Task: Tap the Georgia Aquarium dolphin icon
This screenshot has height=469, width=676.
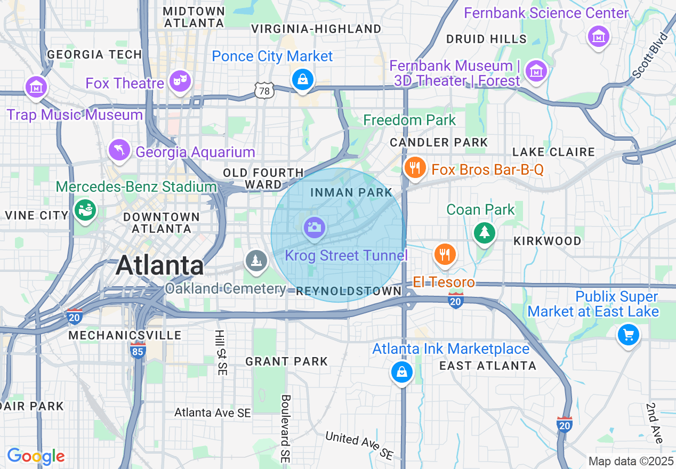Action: tap(119, 150)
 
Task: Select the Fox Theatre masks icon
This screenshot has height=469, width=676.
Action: tap(180, 81)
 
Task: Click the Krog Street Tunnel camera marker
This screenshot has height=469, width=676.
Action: tap(314, 228)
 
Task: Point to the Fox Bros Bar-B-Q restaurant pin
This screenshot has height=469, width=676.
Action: tap(414, 168)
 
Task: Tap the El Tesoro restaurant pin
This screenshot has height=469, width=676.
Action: tap(444, 255)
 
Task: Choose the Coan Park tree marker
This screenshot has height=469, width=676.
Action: tap(484, 232)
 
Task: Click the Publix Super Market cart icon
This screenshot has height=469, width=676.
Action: tap(629, 335)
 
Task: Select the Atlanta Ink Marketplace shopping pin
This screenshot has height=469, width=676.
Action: tap(401, 371)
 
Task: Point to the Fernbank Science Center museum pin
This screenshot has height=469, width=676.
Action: tap(598, 37)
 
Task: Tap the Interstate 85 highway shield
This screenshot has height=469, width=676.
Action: tap(138, 350)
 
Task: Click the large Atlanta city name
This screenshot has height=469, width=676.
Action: tap(160, 265)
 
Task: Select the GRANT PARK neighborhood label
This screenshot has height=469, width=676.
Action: tap(286, 362)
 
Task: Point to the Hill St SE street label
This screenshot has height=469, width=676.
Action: tap(220, 352)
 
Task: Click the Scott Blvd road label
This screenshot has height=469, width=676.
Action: tap(650, 55)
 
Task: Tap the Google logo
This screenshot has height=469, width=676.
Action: tap(36, 456)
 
